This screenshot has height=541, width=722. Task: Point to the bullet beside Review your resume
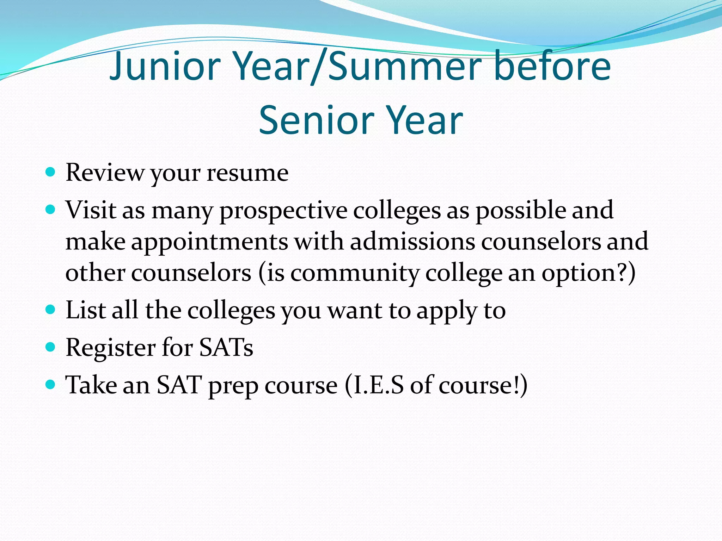(x=51, y=172)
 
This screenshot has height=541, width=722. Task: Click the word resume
(x=247, y=173)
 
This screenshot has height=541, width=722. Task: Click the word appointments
(x=209, y=242)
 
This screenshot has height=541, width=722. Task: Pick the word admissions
(x=412, y=242)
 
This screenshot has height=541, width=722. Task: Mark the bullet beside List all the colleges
(x=51, y=310)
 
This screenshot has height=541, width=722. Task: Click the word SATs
(x=226, y=348)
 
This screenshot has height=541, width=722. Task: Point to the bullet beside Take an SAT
(x=51, y=385)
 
